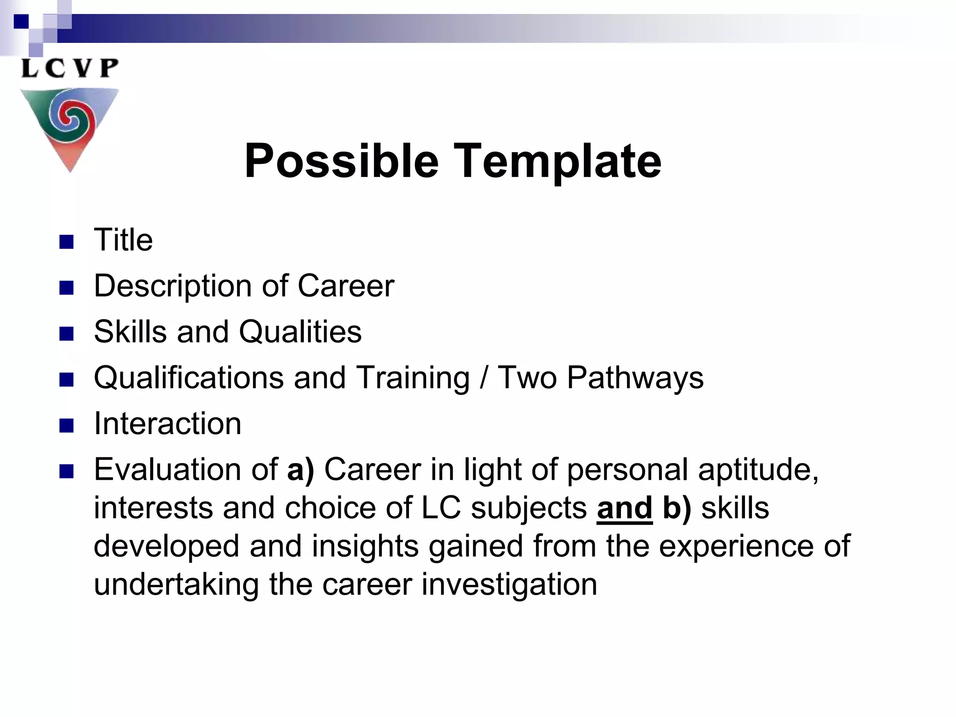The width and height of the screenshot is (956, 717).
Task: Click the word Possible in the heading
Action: [x=341, y=161]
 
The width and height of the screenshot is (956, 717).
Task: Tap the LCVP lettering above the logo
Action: [x=70, y=68]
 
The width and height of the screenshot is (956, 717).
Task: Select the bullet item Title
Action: [x=123, y=240]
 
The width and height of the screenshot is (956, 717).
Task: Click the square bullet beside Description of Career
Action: [x=67, y=288]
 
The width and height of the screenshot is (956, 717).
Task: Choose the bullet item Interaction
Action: [x=168, y=423]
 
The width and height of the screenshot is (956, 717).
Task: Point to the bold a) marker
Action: [x=301, y=469]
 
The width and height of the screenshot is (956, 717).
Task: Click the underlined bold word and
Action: [x=625, y=508]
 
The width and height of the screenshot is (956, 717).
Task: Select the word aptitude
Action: [x=758, y=469]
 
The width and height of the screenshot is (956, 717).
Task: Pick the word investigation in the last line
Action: [x=509, y=584]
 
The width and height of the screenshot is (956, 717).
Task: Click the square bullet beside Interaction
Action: [x=67, y=425]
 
